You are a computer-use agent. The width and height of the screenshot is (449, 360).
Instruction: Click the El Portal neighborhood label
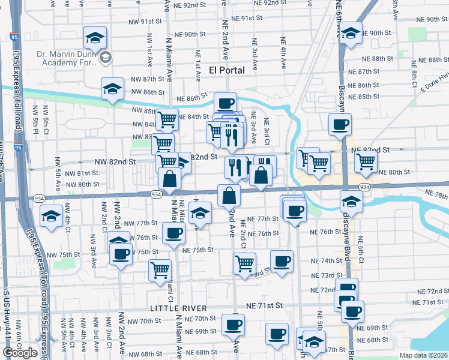pyautogui.click(x=226, y=70)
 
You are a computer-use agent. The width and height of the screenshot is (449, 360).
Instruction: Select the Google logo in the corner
pyautogui.click(x=20, y=353)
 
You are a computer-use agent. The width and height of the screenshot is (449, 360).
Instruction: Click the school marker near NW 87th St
pyautogui.click(x=112, y=90)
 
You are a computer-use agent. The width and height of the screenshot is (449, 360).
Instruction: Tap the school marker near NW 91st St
pyautogui.click(x=95, y=38)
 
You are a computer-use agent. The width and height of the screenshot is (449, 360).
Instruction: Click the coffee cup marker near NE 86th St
pyautogui.click(x=225, y=104)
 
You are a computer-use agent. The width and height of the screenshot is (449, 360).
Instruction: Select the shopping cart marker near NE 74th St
pyautogui.click(x=244, y=263)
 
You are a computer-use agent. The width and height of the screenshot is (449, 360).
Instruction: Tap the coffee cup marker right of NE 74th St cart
pyautogui.click(x=282, y=261)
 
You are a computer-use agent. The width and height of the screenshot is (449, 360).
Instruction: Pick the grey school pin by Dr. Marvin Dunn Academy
pyautogui.click(x=106, y=58)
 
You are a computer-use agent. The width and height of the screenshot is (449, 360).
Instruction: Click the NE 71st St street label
pyautogui.click(x=264, y=305)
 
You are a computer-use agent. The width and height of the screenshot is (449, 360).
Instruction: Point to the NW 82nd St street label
pyautogui.click(x=116, y=162)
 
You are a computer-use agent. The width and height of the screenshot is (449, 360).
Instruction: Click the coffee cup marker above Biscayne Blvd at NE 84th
pyautogui.click(x=340, y=124)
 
